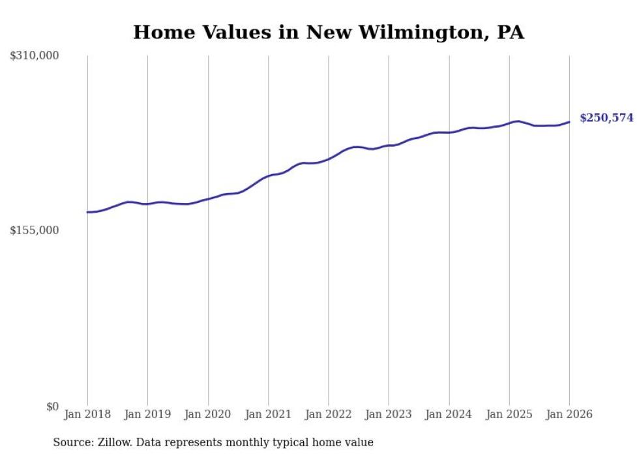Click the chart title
coord(328,32)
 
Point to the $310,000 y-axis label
coord(35,56)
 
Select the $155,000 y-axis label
coord(35,230)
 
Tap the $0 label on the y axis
coord(53,406)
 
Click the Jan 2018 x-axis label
coord(87,415)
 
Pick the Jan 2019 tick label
coord(147,415)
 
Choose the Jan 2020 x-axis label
coord(208,415)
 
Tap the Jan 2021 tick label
coord(268,415)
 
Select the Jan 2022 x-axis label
coord(329,415)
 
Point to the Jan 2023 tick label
coord(389,415)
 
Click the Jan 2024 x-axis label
coord(449,415)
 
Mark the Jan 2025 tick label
coord(509,415)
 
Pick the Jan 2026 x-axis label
coord(569,415)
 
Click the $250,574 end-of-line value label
coord(606,118)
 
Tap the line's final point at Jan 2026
coord(569,122)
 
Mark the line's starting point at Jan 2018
coord(87,212)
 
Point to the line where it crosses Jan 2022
coord(329,159)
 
